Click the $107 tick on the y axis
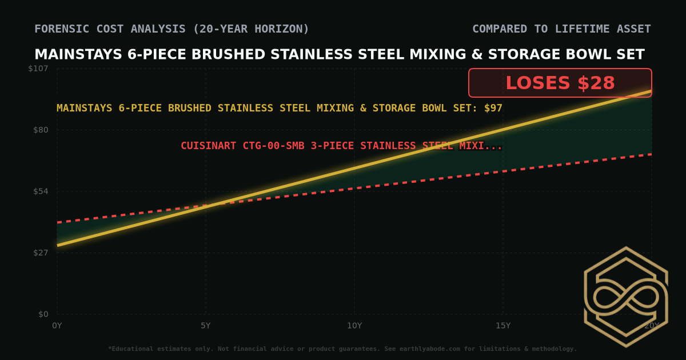(x=38, y=69)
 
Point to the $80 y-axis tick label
(x=40, y=130)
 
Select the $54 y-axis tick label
(x=40, y=191)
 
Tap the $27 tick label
(x=40, y=253)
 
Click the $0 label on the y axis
(x=43, y=314)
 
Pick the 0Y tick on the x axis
(x=57, y=326)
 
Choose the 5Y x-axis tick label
(x=206, y=326)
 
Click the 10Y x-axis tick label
(x=354, y=326)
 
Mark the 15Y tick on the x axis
(x=503, y=326)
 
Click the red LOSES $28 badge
(x=560, y=83)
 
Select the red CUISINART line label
(x=341, y=146)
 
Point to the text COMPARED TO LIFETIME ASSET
(x=561, y=29)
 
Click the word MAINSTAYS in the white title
(x=78, y=55)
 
